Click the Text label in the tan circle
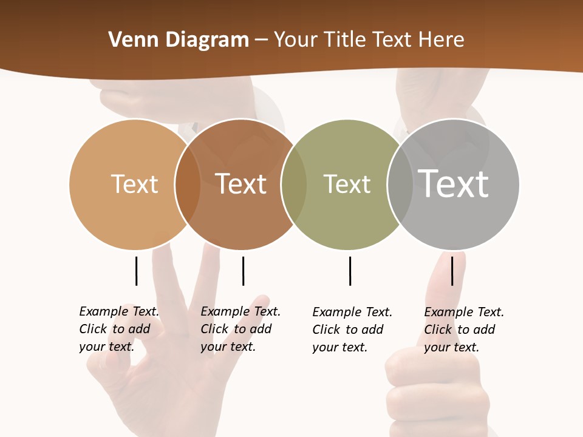click(134, 184)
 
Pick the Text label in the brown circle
click(241, 184)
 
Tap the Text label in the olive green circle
click(347, 184)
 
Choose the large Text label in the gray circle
click(454, 183)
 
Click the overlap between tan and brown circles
click(188, 185)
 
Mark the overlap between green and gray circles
click(400, 185)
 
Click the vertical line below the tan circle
click(136, 271)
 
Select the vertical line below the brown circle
click(243, 271)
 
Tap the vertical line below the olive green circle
click(350, 271)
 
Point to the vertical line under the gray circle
click(452, 271)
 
